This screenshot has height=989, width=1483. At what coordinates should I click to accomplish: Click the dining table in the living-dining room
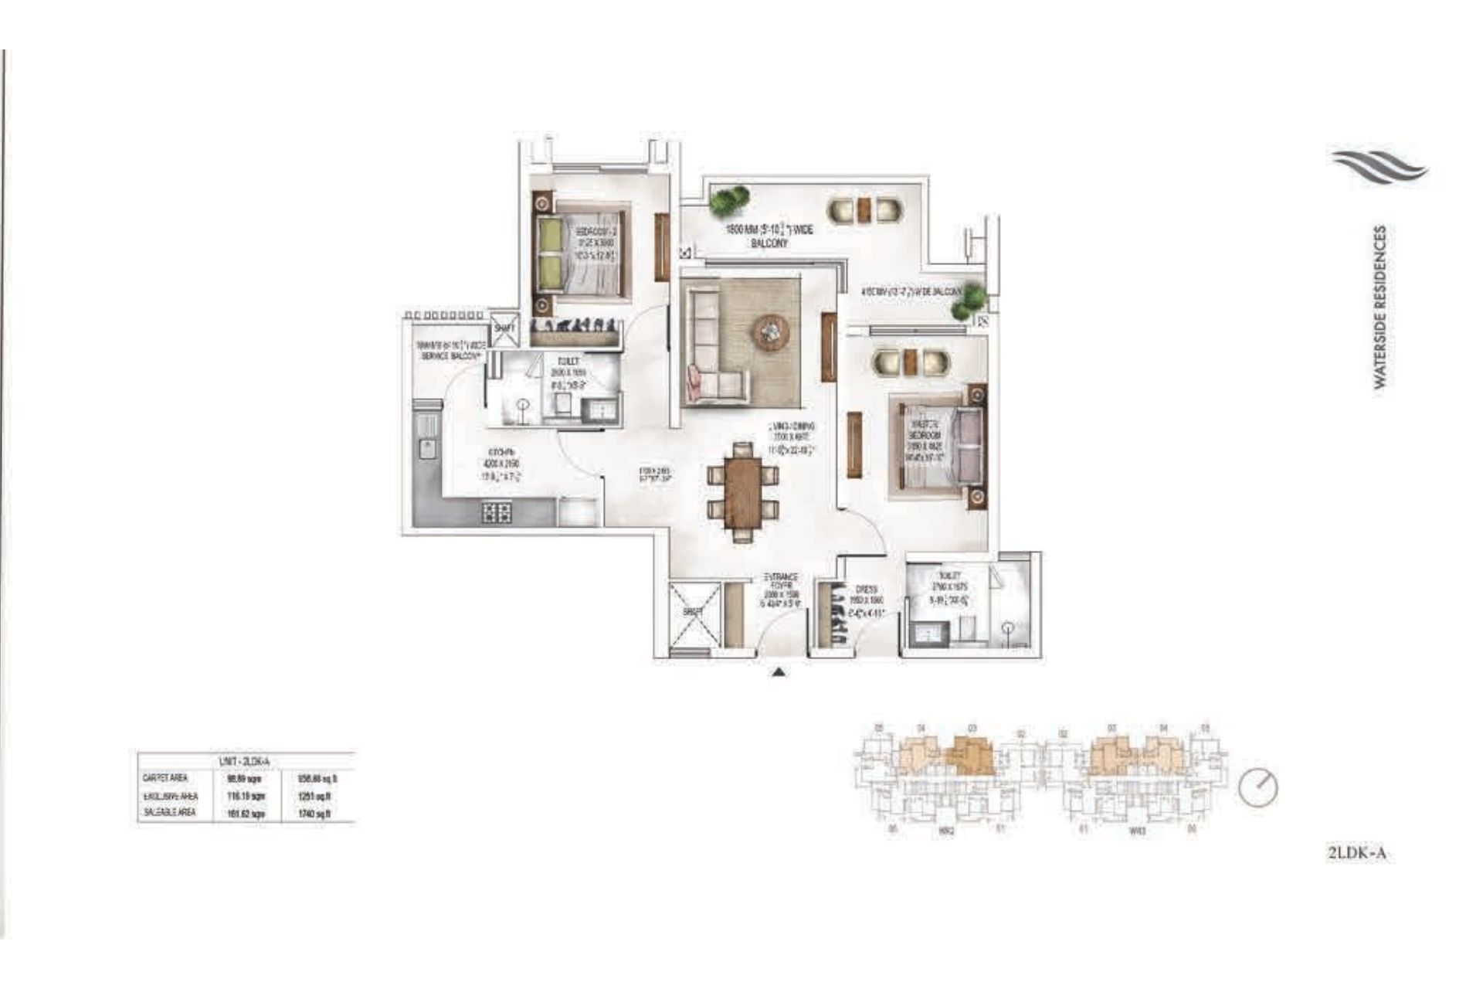pyautogui.click(x=743, y=492)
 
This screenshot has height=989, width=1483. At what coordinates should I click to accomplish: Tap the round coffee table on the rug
pyautogui.click(x=770, y=332)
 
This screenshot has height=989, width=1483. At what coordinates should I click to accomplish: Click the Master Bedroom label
pyautogui.click(x=924, y=440)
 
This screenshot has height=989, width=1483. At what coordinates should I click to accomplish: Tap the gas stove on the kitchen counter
pyautogui.click(x=496, y=512)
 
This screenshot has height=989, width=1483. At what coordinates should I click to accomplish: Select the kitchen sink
pyautogui.click(x=426, y=447)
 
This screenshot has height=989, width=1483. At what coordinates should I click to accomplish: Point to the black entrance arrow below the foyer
pyautogui.click(x=779, y=672)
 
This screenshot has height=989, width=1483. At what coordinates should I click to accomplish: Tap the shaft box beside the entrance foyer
pyautogui.click(x=694, y=613)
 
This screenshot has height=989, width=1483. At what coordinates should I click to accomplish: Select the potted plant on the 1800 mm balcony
pyautogui.click(x=729, y=200)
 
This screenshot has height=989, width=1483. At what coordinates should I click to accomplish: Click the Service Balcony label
pyautogui.click(x=451, y=351)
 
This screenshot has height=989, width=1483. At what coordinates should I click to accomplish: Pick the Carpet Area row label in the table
pyautogui.click(x=165, y=778)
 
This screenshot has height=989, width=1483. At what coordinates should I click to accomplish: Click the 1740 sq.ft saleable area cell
pyautogui.click(x=315, y=814)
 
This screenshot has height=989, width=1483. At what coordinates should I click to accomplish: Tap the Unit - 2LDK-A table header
pyautogui.click(x=245, y=761)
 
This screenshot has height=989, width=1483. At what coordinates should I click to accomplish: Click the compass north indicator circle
pyautogui.click(x=1258, y=788)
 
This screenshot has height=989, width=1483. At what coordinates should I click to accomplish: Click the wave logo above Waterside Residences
pyautogui.click(x=1379, y=168)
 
